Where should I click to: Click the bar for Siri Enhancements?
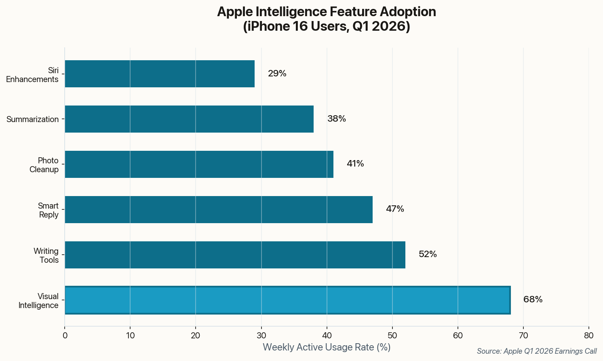160,74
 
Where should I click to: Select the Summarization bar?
189,119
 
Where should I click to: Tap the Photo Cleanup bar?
199,164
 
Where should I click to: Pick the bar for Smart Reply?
219,209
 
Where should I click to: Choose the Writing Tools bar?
235,255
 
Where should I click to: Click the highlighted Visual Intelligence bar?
287,300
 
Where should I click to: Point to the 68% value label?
533,300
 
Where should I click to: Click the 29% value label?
277,74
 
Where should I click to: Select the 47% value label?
395,209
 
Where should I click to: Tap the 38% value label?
337,119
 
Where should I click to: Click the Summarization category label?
33,119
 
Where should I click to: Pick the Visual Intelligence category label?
39,301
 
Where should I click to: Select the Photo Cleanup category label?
44,165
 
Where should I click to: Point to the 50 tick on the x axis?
392,336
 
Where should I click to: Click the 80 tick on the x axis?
589,336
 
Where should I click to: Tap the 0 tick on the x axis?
65,336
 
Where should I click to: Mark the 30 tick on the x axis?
261,336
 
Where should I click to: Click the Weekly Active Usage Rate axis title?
327,347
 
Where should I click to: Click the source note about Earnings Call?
537,351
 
